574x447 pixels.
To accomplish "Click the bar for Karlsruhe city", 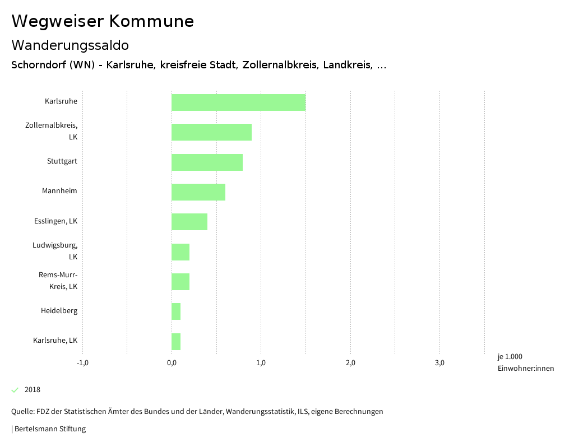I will [238, 103].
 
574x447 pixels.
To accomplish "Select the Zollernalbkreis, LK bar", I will [211, 132].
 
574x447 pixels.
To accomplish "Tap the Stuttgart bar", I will [207, 162].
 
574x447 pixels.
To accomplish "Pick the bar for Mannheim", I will [198, 192].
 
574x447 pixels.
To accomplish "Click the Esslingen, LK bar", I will [189, 222].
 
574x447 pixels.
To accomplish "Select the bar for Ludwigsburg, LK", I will [180, 252].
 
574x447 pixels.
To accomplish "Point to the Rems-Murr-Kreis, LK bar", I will [180, 282].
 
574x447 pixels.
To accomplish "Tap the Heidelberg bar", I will [176, 311].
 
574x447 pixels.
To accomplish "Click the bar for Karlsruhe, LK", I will [176, 341].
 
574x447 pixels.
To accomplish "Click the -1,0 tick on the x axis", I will [82, 363].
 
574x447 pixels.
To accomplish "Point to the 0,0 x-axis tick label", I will [172, 363].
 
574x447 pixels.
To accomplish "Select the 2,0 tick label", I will [350, 363].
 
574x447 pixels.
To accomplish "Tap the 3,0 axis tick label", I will [440, 363].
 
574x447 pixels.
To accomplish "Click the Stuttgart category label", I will [62, 161].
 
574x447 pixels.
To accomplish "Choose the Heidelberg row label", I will [59, 311].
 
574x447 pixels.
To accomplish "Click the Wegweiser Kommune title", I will [103, 21].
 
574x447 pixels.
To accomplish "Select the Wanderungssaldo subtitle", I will [70, 45].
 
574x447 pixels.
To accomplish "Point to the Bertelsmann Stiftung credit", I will [49, 429].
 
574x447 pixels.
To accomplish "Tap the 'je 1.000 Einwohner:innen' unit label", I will [525, 362].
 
